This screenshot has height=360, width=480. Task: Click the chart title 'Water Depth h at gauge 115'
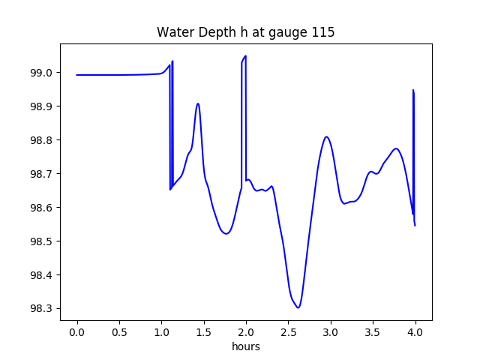pyautogui.click(x=245, y=33)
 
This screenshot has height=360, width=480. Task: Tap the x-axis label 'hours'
pyautogui.click(x=245, y=347)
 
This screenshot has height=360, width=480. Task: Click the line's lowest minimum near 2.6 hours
pyautogui.click(x=298, y=307)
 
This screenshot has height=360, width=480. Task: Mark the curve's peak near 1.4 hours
pyautogui.click(x=198, y=103)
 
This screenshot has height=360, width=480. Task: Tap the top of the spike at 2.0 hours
pyautogui.click(x=245, y=55)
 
